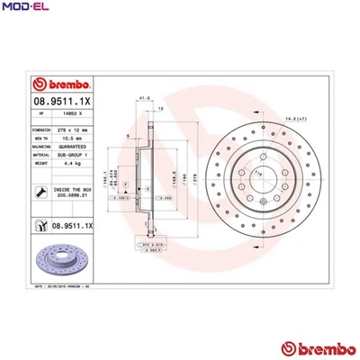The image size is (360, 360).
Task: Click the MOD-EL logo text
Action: pyautogui.click(x=25, y=8)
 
